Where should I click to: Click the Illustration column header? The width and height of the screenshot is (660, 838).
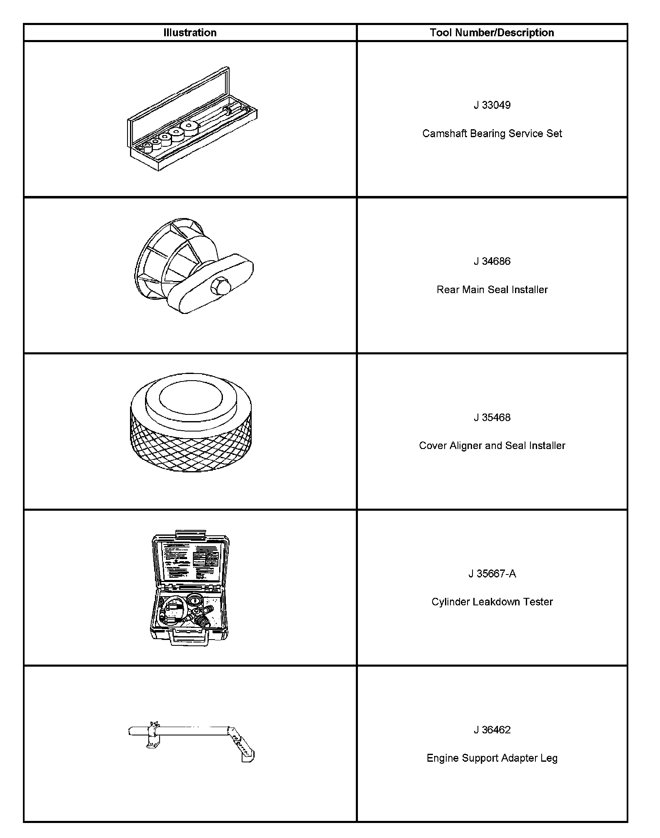(x=190, y=33)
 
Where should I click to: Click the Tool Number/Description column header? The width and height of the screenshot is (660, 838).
(x=492, y=33)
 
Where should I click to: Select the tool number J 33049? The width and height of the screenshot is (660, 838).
(x=492, y=105)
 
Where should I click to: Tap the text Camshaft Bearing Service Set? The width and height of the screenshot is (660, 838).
(x=492, y=133)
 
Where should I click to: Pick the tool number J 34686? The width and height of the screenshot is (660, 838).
(x=492, y=261)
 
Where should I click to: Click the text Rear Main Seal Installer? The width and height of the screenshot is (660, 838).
(x=492, y=290)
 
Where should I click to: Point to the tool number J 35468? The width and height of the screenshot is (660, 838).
(x=492, y=418)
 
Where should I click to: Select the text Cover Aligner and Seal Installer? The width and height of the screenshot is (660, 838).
(x=492, y=446)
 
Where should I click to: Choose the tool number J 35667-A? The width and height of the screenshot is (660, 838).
(x=492, y=574)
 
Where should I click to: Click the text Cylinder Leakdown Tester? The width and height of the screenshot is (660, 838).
(x=492, y=602)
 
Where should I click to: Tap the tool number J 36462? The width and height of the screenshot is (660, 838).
(x=492, y=730)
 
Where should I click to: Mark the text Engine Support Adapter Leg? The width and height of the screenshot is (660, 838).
(x=492, y=758)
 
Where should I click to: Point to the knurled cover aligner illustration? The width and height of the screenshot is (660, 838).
(x=191, y=425)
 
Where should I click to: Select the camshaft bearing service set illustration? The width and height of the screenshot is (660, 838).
(x=192, y=121)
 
